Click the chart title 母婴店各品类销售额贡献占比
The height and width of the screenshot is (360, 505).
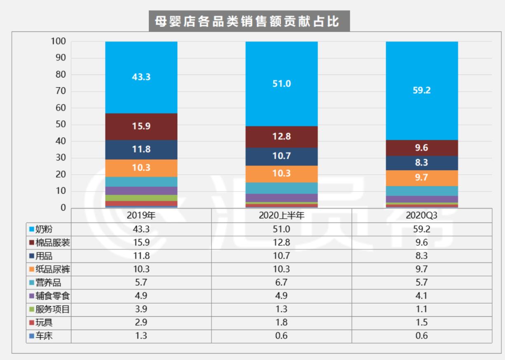point(249,21)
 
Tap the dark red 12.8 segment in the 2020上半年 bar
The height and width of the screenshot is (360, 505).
point(281,137)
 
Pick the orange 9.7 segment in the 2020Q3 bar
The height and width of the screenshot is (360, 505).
point(421,178)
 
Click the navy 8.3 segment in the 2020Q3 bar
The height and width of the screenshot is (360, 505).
point(421,163)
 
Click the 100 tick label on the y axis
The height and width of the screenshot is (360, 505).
point(58,41)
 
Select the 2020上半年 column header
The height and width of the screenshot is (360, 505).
point(281,215)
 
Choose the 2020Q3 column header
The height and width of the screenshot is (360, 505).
point(421,215)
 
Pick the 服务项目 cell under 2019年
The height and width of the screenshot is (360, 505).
point(141,309)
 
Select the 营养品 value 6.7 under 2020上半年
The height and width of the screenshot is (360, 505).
point(281,283)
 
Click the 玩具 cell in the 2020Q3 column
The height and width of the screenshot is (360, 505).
point(421,323)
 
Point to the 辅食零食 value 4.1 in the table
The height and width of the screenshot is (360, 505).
point(421,296)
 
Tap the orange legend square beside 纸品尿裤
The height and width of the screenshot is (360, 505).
point(31,269)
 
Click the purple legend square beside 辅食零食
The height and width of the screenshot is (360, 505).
point(31,296)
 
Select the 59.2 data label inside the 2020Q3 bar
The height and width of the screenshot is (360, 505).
point(421,91)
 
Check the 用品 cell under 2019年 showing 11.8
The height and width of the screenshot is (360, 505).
point(141,256)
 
